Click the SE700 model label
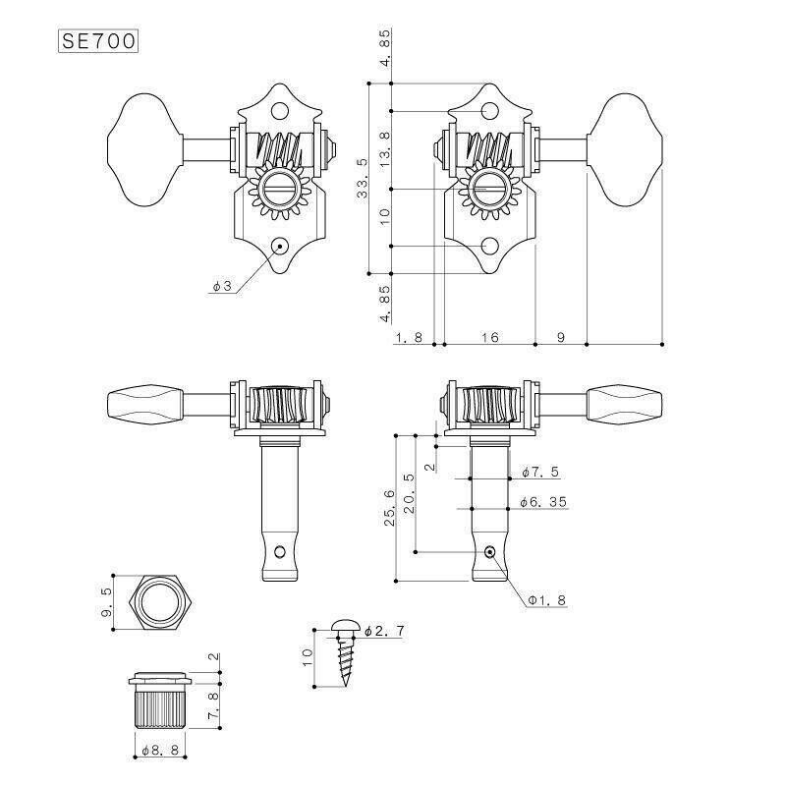(97, 42)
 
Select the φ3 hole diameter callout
(221, 286)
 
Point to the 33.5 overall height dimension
(364, 178)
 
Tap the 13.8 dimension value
(385, 147)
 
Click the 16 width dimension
(489, 337)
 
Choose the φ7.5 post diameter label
(540, 473)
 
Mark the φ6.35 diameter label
(543, 502)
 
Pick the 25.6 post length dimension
(391, 507)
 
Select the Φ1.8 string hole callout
(546, 599)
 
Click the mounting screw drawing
(345, 652)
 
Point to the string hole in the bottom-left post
(281, 551)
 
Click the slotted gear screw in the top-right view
(487, 188)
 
